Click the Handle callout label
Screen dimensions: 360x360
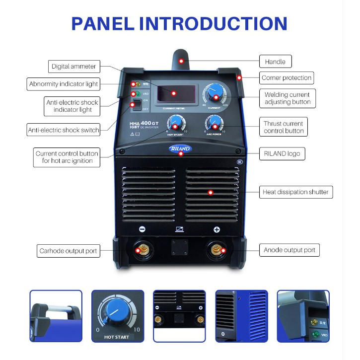pos(275,62)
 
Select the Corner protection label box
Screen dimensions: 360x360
pos(287,78)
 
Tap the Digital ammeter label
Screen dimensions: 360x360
pos(74,66)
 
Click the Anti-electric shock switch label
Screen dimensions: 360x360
pos(64,130)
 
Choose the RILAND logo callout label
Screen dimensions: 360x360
pos(281,154)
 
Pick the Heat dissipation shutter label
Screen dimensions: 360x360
pos(295,192)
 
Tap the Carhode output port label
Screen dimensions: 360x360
pos(69,251)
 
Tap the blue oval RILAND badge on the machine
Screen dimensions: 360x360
pos(180,148)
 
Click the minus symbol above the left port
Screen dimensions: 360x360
pos(142,229)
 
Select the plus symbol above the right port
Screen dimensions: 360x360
pos(216,229)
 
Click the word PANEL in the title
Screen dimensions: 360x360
pos(102,23)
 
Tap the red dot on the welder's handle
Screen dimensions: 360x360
pos(181,61)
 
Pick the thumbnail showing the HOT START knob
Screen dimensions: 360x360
pos(117,316)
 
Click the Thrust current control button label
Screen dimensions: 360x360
pos(284,127)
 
